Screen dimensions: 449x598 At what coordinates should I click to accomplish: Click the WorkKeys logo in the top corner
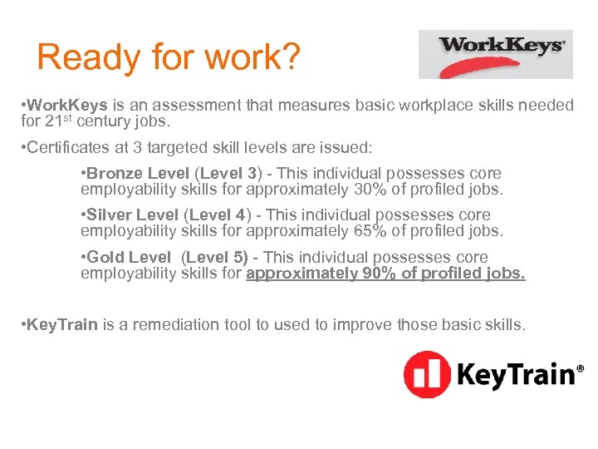coord(495,53)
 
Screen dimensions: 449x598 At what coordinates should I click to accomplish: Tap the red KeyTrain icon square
coord(427,374)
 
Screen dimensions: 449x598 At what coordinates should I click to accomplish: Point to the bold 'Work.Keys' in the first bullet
coord(67,105)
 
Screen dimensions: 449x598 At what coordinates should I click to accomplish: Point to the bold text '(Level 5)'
coord(214,258)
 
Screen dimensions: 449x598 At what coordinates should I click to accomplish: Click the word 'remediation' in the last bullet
coord(174,323)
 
